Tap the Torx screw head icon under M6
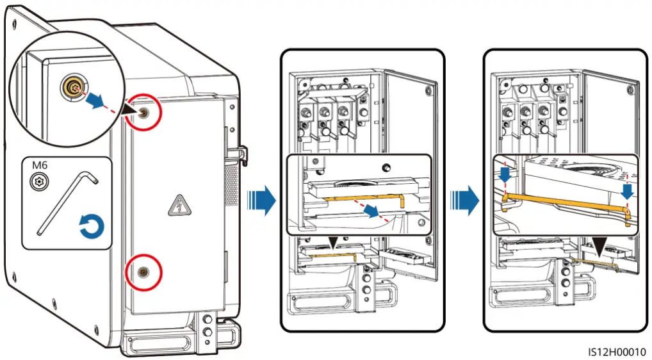tap(39, 182)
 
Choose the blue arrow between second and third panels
tap(464, 200)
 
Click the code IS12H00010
tap(616, 352)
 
